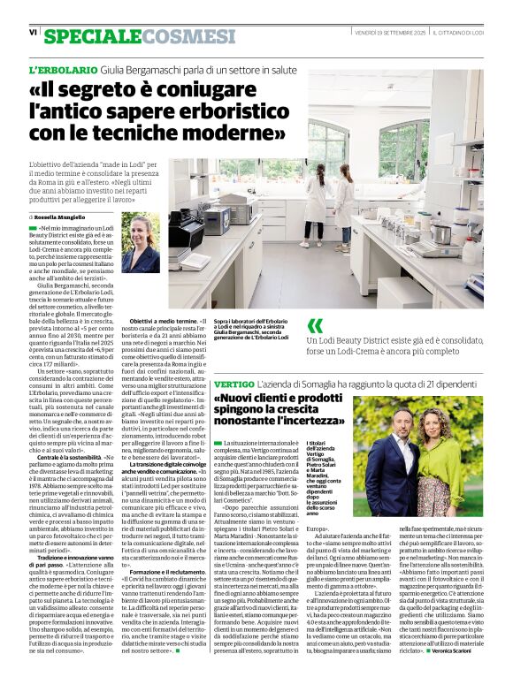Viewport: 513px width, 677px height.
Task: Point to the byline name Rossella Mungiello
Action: [60, 216]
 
